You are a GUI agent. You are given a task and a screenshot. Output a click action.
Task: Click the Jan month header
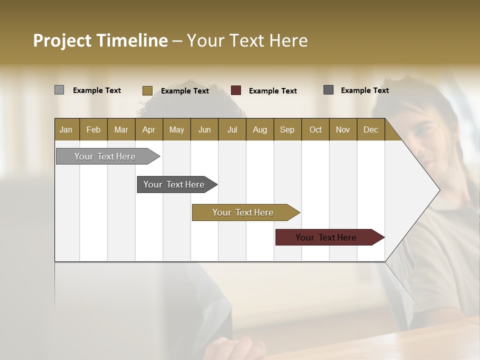click(x=66, y=129)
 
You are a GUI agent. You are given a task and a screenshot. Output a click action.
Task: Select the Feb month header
click(x=93, y=129)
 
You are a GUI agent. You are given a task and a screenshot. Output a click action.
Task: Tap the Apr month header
click(x=149, y=129)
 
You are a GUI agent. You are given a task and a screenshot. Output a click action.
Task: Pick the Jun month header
click(x=204, y=129)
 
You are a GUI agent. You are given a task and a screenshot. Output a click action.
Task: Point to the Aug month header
click(x=260, y=129)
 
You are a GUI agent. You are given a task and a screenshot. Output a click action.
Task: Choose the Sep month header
click(x=287, y=129)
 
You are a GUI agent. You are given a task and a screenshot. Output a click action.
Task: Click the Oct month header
click(x=315, y=129)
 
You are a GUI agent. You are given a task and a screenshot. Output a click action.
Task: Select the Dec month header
click(x=371, y=129)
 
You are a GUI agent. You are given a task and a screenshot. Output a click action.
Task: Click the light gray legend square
click(x=59, y=90)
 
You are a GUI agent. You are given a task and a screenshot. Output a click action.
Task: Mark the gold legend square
click(x=147, y=90)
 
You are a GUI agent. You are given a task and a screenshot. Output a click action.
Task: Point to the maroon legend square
click(x=236, y=90)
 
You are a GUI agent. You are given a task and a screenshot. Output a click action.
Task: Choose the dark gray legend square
click(x=328, y=90)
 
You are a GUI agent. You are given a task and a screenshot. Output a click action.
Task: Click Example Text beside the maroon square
click(x=273, y=91)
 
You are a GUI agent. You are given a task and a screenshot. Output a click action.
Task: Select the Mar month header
click(x=121, y=129)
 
